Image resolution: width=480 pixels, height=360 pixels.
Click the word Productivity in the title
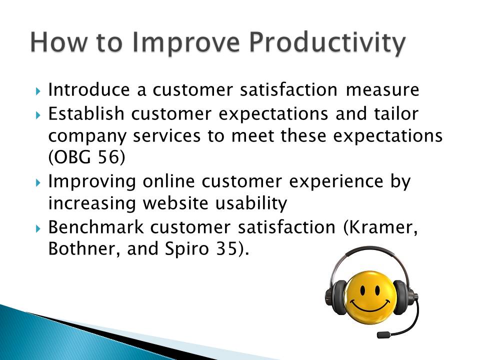[x=327, y=43]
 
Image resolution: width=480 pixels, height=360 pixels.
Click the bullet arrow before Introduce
[x=38, y=91]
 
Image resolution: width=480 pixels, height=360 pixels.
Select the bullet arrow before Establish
[x=38, y=115]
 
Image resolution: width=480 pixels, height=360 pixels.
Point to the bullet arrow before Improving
[x=38, y=183]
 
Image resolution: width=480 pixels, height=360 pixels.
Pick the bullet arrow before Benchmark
[x=38, y=228]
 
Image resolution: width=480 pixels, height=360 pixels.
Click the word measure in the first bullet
[x=382, y=90]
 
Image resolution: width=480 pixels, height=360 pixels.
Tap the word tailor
[x=396, y=113]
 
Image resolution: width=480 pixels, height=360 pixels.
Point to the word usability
[x=251, y=203]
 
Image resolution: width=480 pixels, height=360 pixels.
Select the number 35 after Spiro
[x=226, y=248]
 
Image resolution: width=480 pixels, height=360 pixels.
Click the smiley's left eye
[x=363, y=290]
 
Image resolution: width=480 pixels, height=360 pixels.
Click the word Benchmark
[x=96, y=227]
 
